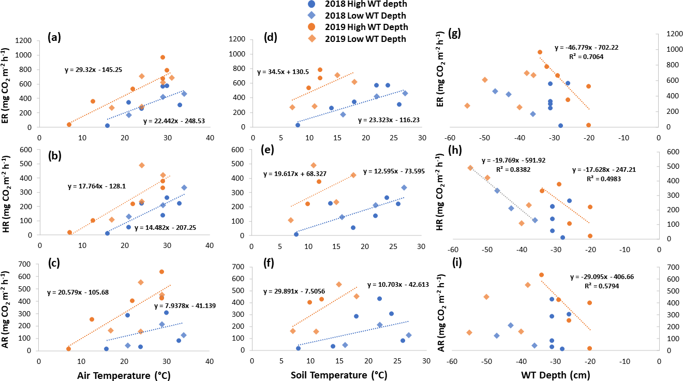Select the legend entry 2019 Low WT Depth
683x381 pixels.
click(x=365, y=38)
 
